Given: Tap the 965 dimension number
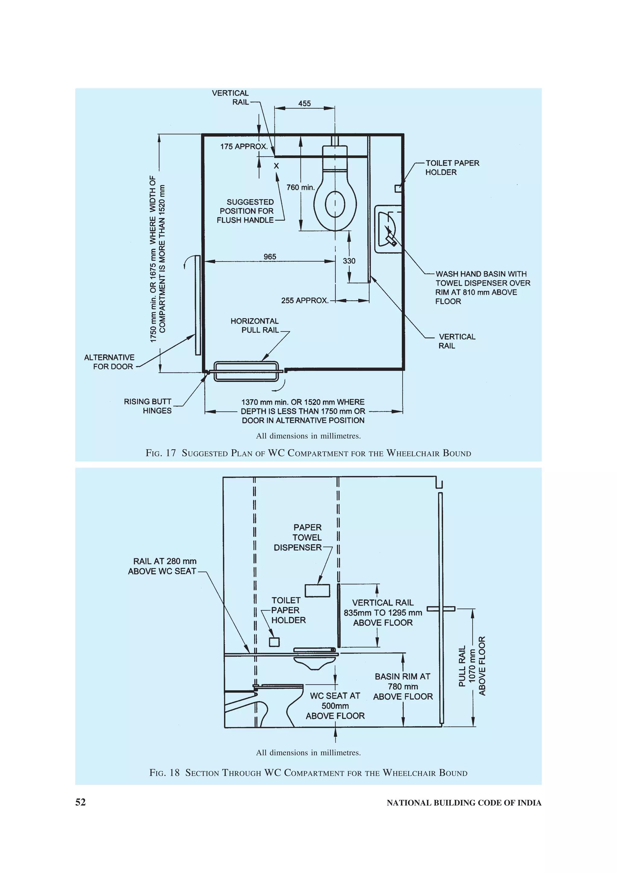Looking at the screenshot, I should click(270, 257).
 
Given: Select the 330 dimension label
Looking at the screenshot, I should click(349, 261).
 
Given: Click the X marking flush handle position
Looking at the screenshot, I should click(276, 166).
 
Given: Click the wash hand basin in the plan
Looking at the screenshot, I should click(388, 229).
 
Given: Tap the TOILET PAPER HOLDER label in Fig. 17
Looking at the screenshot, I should click(452, 168).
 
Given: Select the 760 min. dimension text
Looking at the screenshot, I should click(300, 187).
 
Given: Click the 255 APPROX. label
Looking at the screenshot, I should click(305, 300).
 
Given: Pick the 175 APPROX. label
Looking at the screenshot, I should click(244, 146).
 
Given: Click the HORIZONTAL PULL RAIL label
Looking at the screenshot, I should click(255, 325).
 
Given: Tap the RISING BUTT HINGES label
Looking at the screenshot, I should click(148, 406).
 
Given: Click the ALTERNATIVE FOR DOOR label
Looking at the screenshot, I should click(109, 362).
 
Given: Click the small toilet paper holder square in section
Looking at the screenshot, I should click(274, 642).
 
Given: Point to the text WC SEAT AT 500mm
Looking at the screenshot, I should click(335, 701).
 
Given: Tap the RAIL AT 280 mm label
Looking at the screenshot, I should click(163, 566).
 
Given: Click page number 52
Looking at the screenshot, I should click(81, 802).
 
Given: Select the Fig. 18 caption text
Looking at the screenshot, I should click(308, 773).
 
